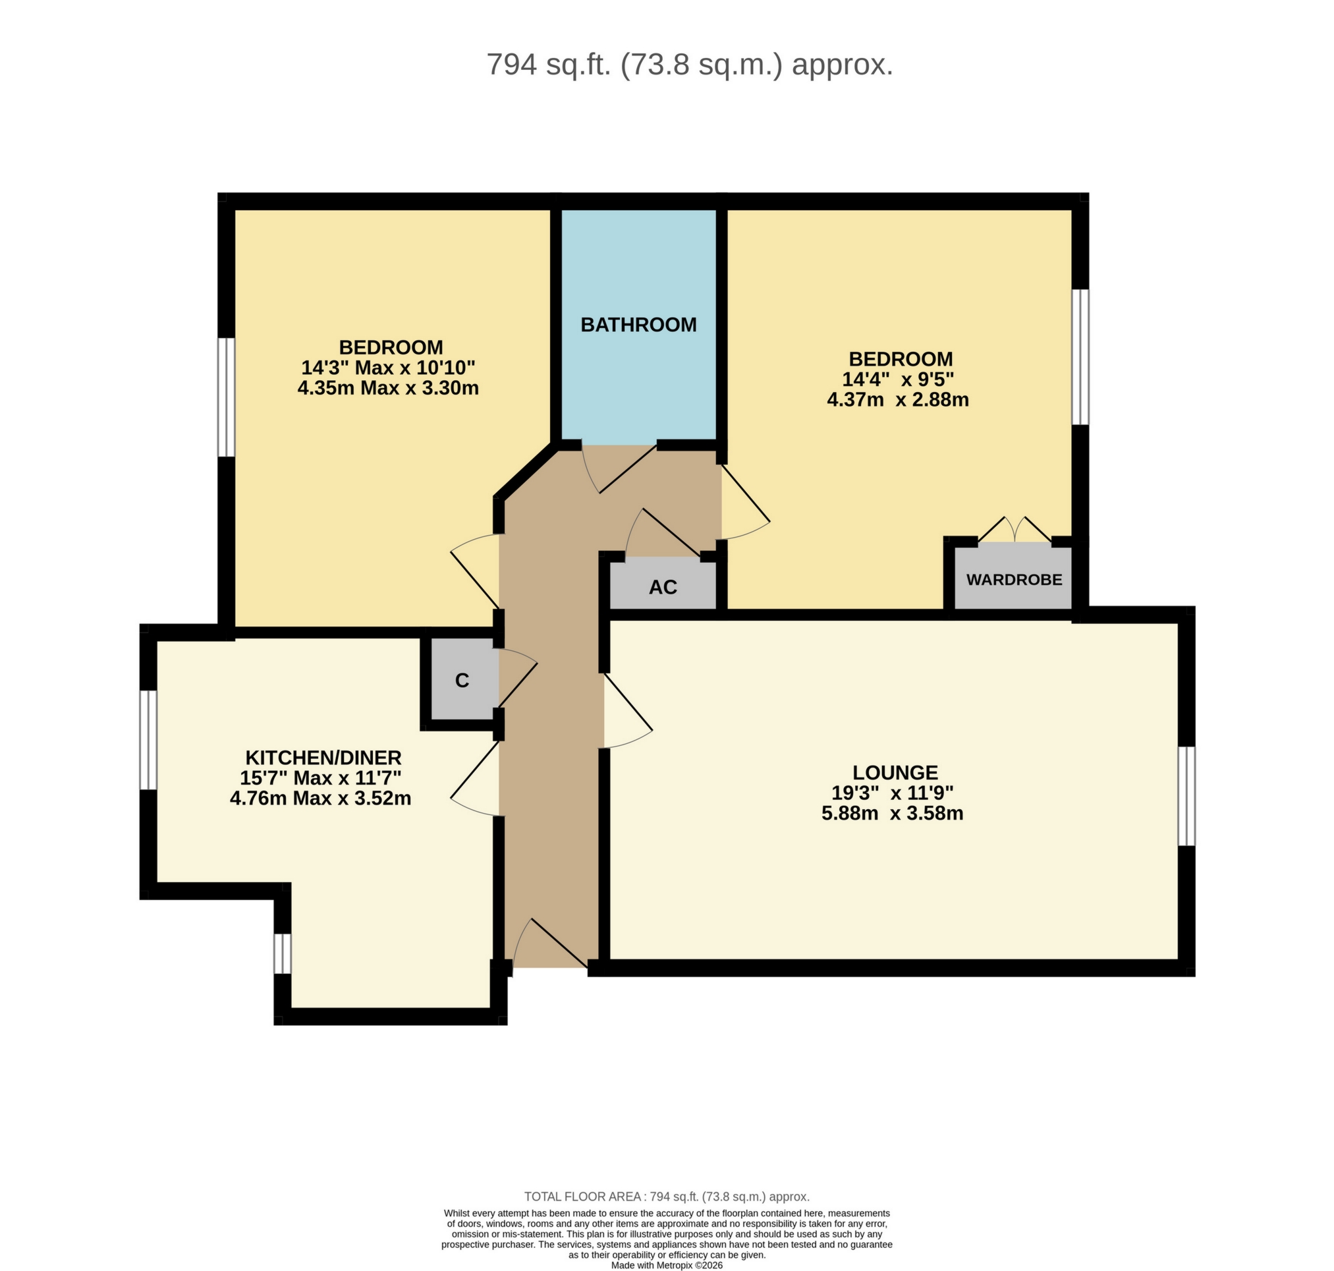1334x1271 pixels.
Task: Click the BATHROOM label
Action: tap(638, 325)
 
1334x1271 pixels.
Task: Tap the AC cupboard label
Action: tap(663, 586)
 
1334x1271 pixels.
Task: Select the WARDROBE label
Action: tap(1014, 579)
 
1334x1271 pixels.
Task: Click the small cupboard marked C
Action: tap(462, 680)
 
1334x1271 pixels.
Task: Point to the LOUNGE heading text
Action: tap(895, 772)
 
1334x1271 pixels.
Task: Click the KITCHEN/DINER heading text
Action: tap(323, 758)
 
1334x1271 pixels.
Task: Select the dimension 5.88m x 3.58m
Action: tap(891, 813)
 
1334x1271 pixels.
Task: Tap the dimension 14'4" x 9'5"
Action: tap(897, 380)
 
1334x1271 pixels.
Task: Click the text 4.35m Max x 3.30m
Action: tap(387, 388)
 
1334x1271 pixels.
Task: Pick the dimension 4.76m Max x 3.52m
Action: tap(320, 798)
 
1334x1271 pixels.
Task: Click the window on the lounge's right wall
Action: tap(1186, 796)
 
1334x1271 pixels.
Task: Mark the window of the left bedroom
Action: tap(225, 397)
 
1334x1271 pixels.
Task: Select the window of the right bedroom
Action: tap(1080, 357)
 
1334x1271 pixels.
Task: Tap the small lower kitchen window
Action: tap(283, 954)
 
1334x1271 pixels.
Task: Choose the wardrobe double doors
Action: tap(1014, 530)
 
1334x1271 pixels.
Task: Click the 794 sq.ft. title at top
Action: tap(690, 65)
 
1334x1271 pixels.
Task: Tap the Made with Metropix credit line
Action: tap(667, 1265)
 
